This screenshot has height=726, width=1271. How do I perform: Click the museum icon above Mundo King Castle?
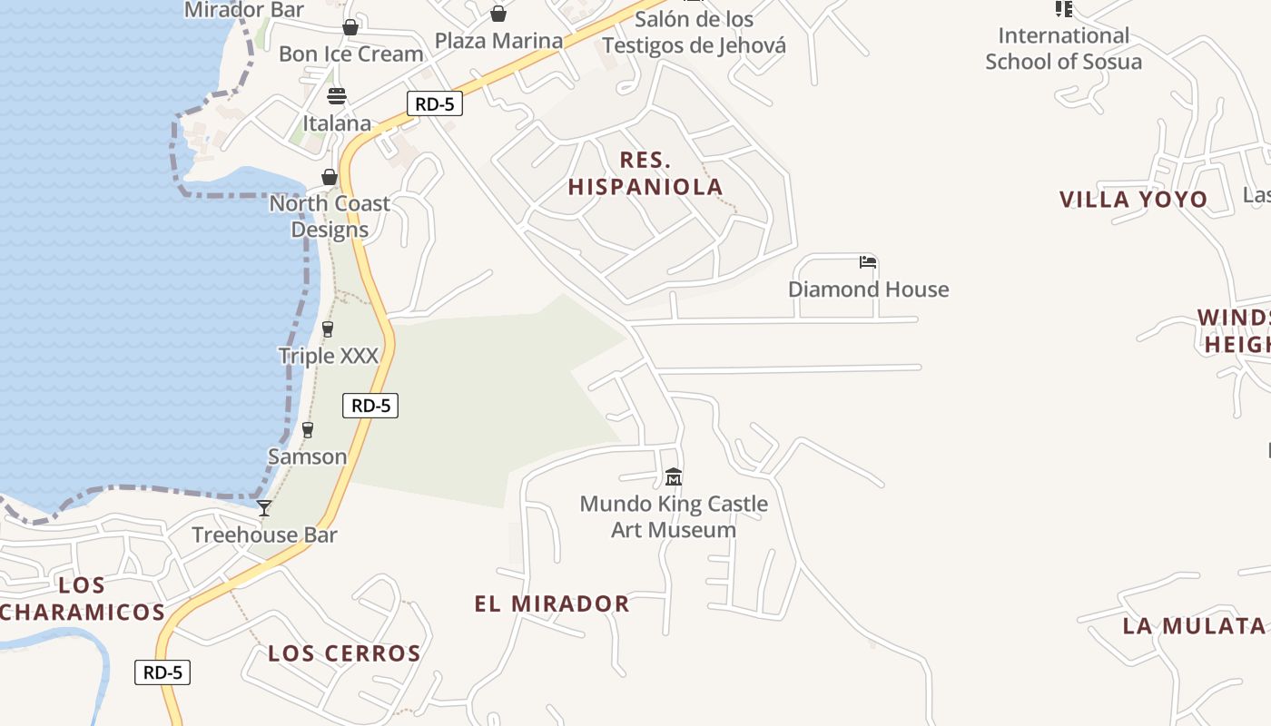(674, 476)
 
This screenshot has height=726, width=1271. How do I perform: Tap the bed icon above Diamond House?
(868, 262)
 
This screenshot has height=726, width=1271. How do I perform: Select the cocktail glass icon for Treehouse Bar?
(264, 508)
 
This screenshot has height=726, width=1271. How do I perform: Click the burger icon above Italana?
(337, 96)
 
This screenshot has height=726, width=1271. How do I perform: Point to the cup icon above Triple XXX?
(328, 329)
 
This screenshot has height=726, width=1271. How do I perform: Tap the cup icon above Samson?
(308, 430)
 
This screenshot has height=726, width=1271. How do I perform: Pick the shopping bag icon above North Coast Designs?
(330, 177)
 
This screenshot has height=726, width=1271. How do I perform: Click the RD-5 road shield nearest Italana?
(434, 103)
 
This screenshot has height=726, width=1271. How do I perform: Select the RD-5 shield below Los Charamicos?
(163, 672)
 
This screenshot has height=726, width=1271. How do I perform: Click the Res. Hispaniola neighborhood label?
(645, 173)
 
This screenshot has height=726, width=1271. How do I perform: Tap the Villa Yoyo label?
(1134, 200)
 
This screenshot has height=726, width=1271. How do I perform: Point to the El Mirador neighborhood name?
(552, 603)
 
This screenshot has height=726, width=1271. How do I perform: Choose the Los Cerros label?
(345, 653)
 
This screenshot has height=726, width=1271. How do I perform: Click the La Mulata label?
(1194, 625)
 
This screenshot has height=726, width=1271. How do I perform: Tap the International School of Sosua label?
(1064, 49)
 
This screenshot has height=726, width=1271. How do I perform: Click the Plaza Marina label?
(498, 41)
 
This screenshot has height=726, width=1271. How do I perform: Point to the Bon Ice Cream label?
(351, 54)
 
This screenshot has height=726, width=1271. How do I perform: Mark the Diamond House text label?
(869, 289)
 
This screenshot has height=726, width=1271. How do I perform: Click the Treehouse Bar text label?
(264, 535)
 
